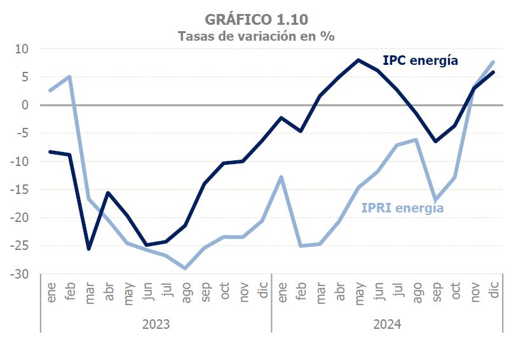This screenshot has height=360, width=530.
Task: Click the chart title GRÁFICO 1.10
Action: click(x=256, y=20)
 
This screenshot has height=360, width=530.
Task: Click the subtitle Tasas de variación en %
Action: click(x=256, y=36)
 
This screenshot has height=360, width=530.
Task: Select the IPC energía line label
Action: click(x=420, y=61)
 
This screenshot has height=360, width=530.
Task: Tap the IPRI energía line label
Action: click(x=402, y=208)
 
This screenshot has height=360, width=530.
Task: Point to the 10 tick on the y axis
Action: click(x=23, y=49)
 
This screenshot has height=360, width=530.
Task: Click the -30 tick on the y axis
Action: click(x=21, y=274)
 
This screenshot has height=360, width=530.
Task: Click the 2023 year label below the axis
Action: click(x=156, y=324)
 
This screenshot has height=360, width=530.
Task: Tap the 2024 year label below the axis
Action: click(x=387, y=324)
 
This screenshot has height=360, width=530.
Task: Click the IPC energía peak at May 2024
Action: click(x=358, y=60)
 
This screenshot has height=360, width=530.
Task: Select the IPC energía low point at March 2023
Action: click(x=89, y=249)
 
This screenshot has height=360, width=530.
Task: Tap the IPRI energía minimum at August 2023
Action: click(x=185, y=268)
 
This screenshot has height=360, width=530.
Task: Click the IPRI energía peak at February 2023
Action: click(x=69, y=77)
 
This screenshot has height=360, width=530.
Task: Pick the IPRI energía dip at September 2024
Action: click(x=435, y=200)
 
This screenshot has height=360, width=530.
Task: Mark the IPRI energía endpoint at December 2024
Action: click(x=493, y=62)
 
